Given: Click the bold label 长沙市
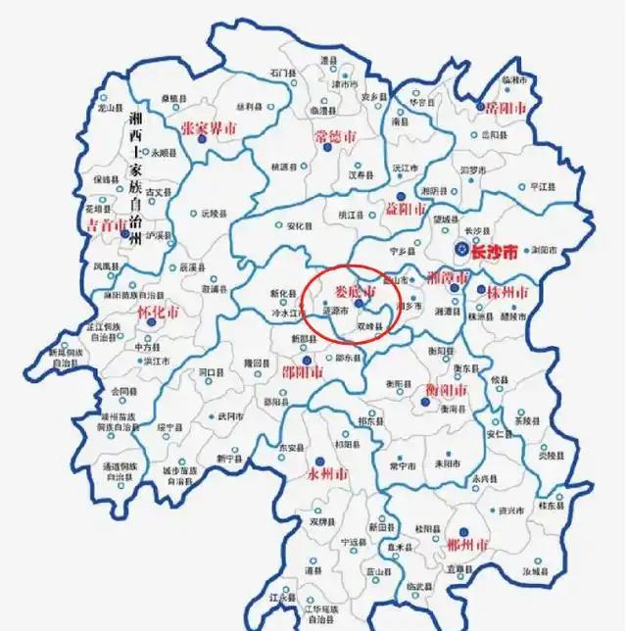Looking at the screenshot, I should click(493, 251).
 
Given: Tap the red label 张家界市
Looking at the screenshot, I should click(209, 128).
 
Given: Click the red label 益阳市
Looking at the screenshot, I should click(401, 210).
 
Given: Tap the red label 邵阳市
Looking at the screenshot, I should click(304, 371).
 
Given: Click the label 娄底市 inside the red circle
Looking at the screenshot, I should click(356, 293).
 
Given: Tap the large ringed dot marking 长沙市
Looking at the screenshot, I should click(459, 250).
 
